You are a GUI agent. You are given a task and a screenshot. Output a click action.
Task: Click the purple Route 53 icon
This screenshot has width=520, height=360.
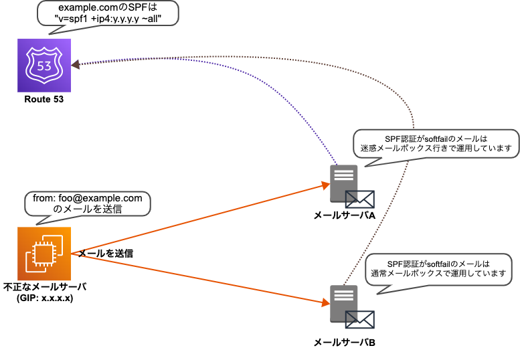point(44,66)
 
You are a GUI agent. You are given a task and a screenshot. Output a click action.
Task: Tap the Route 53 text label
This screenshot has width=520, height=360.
point(44,100)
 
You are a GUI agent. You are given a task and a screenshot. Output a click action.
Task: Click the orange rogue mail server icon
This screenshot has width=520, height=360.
point(44,254)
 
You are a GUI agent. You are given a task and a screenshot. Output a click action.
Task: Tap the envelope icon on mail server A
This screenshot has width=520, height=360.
point(359,199)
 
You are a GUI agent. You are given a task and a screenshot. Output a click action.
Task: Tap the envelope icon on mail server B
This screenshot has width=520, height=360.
point(359,320)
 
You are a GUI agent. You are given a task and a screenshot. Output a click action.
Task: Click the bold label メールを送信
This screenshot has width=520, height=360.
point(106,254)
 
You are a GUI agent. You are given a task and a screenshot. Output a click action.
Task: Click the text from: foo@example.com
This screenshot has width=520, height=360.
point(88,198)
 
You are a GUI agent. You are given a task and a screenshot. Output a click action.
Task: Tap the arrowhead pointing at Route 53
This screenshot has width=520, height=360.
point(76,64)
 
